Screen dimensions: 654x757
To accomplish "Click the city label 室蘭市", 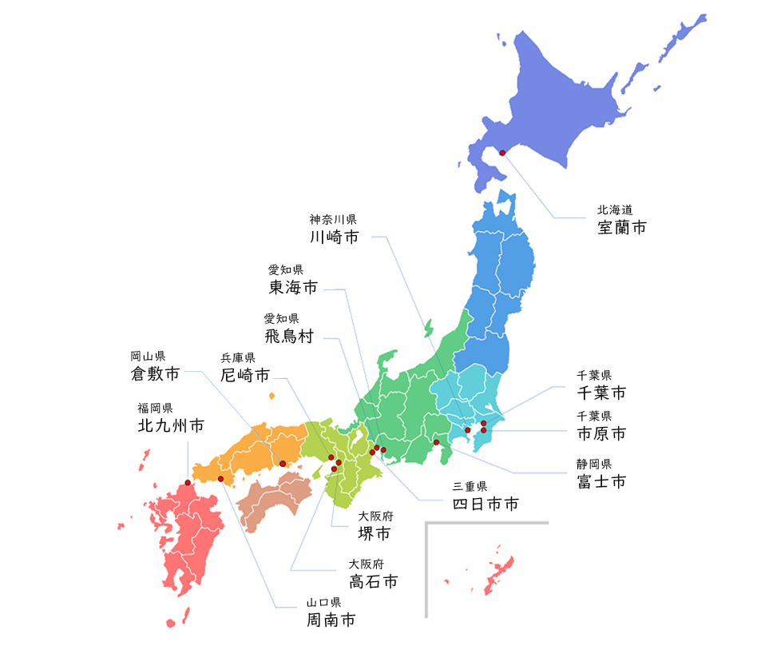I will pos(622,227).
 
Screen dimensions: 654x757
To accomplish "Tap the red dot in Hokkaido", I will pos(502,153).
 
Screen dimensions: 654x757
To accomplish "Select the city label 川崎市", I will pos(334,237).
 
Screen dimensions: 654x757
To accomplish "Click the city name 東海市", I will pos(292,287).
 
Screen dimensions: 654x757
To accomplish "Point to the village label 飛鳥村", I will pos(288,336).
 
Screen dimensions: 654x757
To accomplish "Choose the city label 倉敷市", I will pos(155,373).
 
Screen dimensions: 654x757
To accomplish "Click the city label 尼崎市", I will pos(245,374).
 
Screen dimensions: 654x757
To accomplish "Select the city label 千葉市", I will pos(601,393).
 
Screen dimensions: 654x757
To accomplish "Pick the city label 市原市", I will pos(601,434).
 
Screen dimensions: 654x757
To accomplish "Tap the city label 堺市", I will pos(375,534).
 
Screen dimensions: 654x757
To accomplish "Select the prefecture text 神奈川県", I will pos(333,218).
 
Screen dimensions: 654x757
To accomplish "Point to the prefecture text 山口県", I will pos(324,602).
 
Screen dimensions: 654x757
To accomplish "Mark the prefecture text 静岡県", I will pos(594,464).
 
